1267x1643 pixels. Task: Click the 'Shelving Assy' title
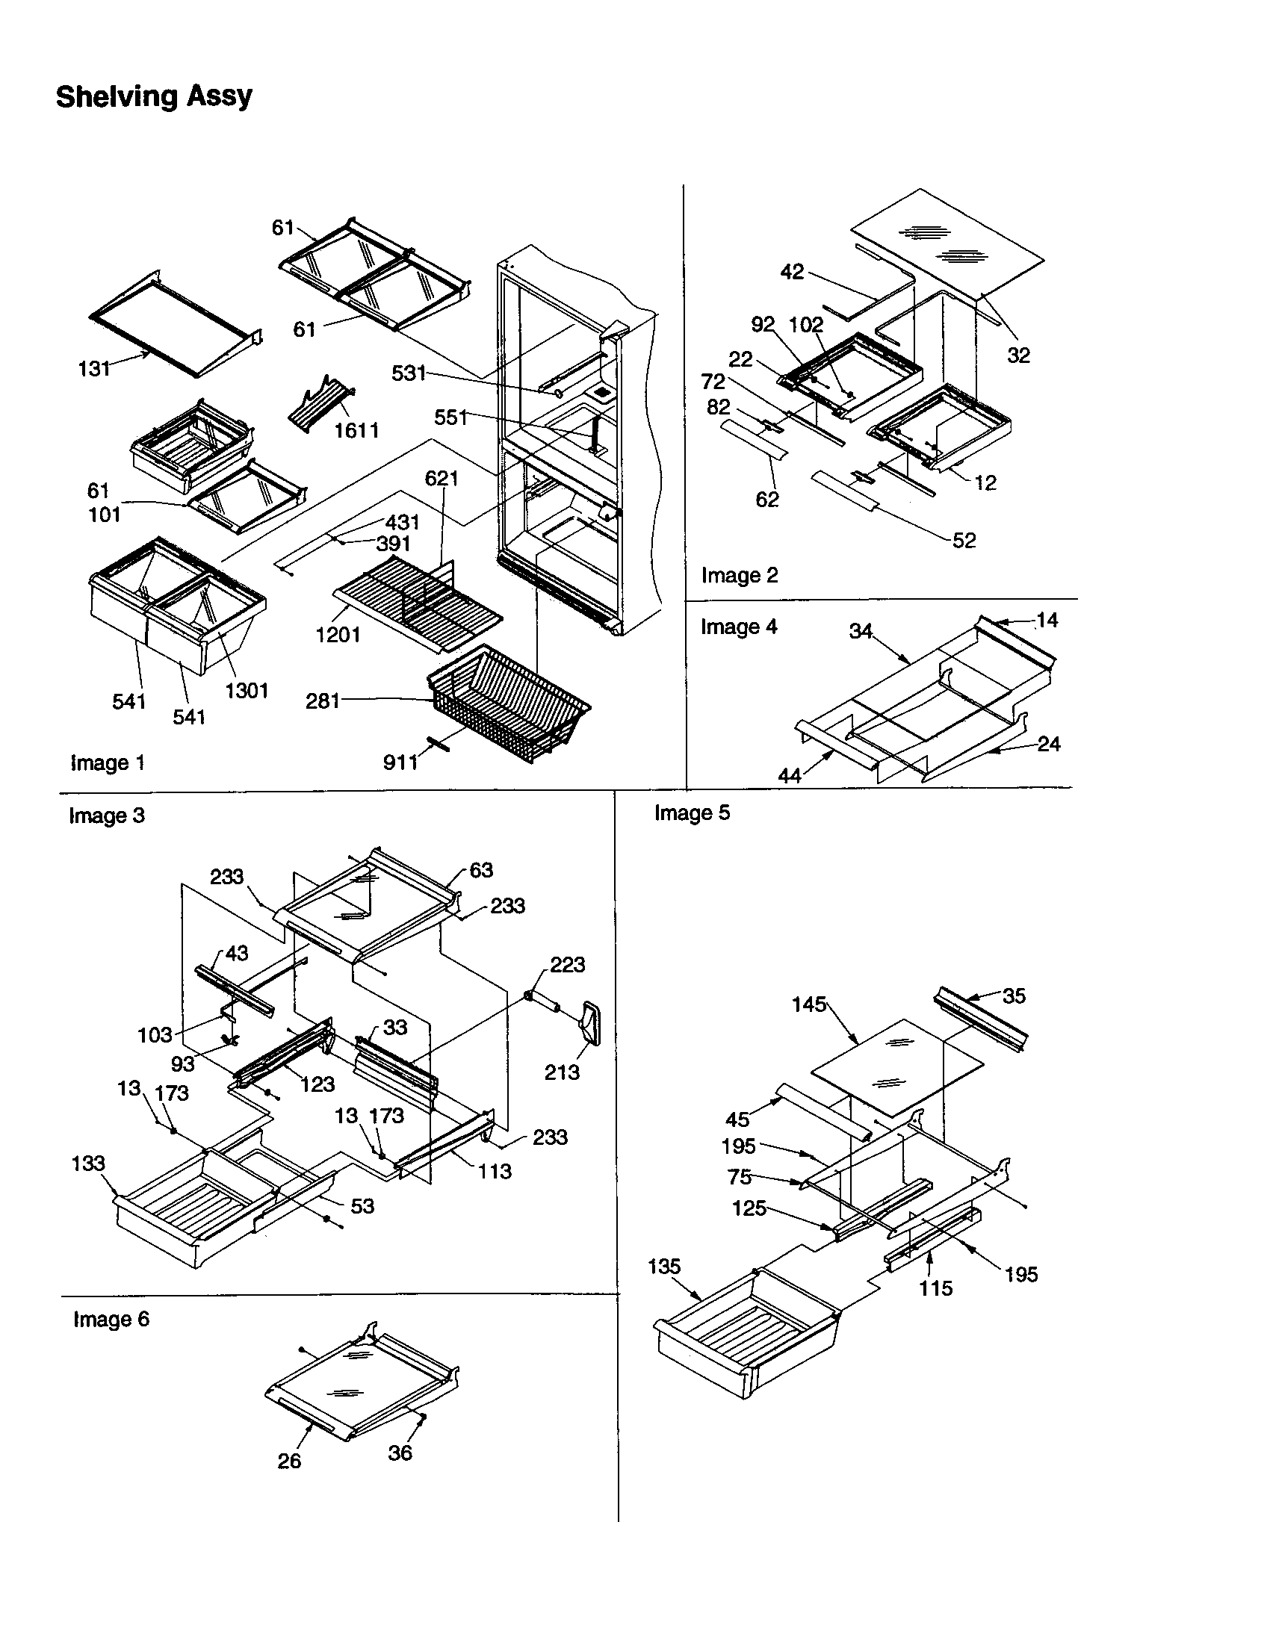153,96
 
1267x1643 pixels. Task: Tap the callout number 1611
356,430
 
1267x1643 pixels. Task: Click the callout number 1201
338,634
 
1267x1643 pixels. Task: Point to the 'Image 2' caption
739,575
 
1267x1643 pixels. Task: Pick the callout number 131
94,369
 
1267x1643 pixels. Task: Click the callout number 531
409,373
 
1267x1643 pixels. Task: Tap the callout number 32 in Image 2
1018,355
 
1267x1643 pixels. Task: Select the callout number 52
964,540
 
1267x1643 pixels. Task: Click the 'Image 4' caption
738,627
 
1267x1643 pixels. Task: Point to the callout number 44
789,775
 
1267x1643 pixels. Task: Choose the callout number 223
567,964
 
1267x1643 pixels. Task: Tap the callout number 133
88,1163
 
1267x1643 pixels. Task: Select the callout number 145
809,1004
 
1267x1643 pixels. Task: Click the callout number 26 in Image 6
289,1460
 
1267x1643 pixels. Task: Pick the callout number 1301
246,690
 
